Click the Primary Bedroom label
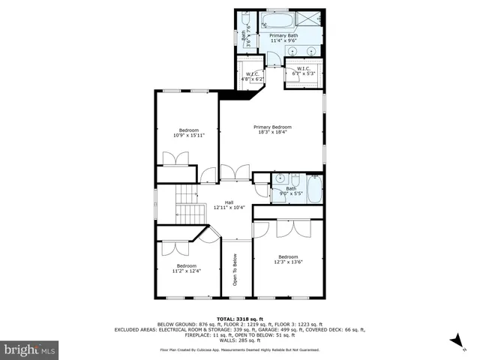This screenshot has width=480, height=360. pyautogui.click(x=271, y=130)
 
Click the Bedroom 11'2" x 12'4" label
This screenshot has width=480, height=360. pyautogui.click(x=186, y=268)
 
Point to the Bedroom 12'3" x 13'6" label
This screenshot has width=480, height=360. pyautogui.click(x=288, y=259)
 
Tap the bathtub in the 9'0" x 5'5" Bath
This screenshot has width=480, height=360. pyautogui.click(x=314, y=189)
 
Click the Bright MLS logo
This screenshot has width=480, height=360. pyautogui.click(x=30, y=349)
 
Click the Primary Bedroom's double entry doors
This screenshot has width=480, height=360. pyautogui.click(x=235, y=173)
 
